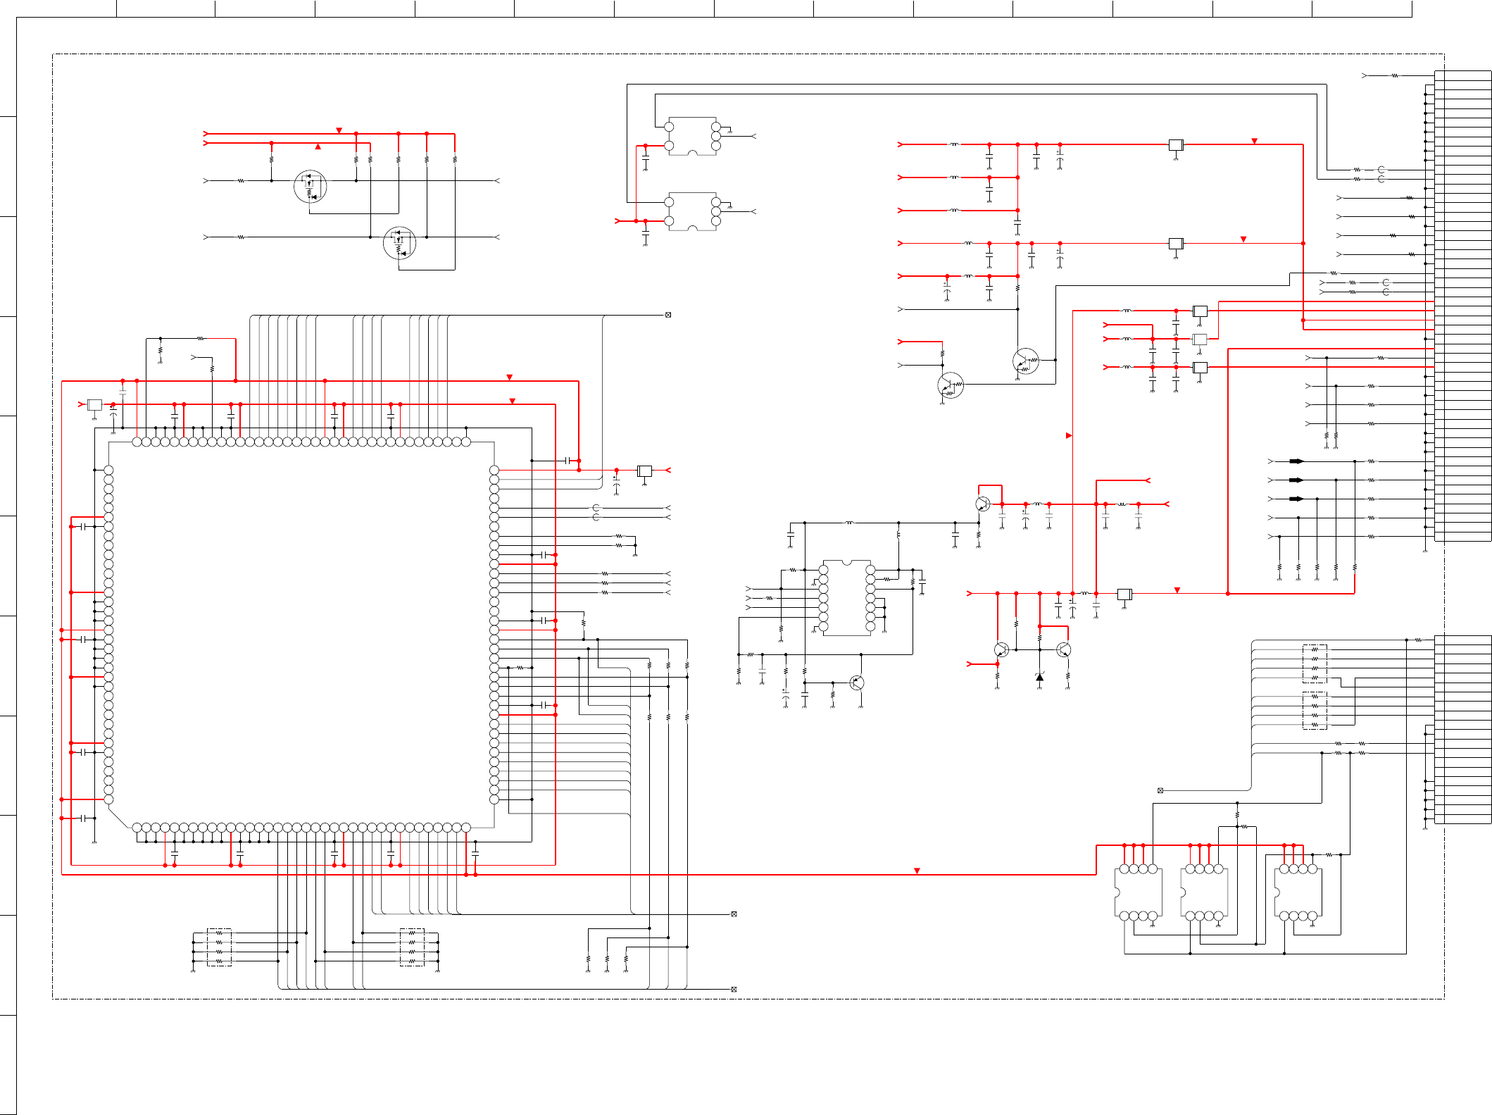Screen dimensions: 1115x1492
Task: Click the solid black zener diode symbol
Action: click(x=1039, y=677)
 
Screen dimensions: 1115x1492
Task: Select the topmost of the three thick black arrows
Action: click(x=1296, y=461)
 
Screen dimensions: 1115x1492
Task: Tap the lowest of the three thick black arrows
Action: click(x=1296, y=499)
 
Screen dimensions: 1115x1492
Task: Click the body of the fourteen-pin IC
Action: click(x=847, y=598)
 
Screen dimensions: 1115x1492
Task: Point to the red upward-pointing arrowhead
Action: click(x=318, y=147)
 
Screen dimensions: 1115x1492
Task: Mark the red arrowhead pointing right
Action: click(x=1069, y=435)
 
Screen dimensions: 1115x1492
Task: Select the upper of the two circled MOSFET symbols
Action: click(x=310, y=187)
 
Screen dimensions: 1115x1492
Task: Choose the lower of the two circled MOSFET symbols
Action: click(x=399, y=244)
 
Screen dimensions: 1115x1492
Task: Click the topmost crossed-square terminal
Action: click(x=668, y=315)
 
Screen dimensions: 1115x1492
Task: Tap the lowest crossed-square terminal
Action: click(x=734, y=989)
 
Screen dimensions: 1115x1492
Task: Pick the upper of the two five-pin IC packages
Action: click(x=693, y=137)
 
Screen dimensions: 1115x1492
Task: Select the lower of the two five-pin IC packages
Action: click(x=693, y=211)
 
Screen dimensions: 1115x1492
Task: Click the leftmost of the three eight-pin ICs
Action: click(x=1138, y=892)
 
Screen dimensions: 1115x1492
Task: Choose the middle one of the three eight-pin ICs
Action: click(x=1204, y=892)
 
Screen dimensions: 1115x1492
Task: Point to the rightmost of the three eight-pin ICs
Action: click(x=1298, y=892)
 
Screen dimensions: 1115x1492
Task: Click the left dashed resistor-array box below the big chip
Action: click(x=219, y=947)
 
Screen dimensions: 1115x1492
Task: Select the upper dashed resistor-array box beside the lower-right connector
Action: click(x=1315, y=664)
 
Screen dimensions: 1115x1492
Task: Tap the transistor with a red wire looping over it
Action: click(x=983, y=504)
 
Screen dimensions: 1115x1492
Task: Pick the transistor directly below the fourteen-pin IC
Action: click(x=857, y=682)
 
